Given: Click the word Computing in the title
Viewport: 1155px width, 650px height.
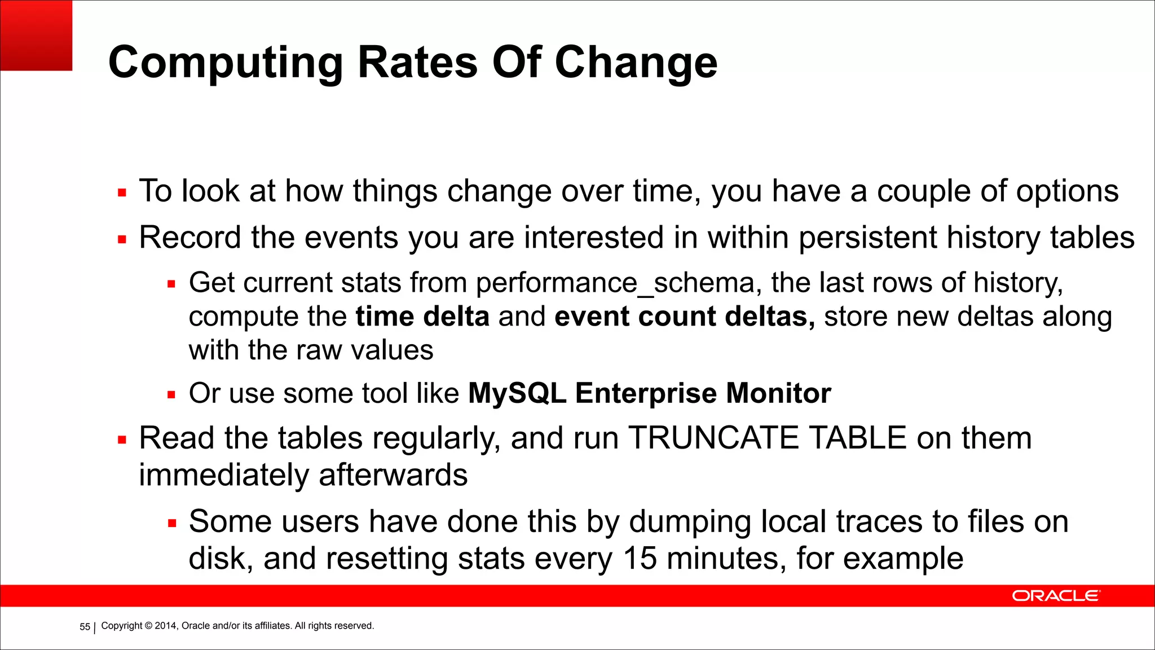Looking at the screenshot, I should [226, 63].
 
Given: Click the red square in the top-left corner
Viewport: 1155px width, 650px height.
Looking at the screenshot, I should [36, 35].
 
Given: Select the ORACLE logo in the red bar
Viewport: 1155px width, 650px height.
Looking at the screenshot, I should [1055, 596].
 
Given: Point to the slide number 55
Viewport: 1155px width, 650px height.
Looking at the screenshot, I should [85, 627].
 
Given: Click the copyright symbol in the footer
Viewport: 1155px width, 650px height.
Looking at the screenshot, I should [148, 626].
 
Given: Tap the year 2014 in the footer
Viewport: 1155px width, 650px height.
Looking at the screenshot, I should [166, 626].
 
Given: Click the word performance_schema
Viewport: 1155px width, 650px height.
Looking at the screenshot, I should [615, 283].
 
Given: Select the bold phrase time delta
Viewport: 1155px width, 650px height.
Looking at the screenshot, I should [422, 317].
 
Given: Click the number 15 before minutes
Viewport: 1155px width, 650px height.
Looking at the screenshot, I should [640, 559].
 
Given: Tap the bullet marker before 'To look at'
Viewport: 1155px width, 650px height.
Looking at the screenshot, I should [122, 193].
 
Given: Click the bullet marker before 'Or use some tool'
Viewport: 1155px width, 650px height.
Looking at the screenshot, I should [172, 395].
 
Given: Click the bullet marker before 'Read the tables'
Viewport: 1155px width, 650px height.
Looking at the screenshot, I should [122, 440].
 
